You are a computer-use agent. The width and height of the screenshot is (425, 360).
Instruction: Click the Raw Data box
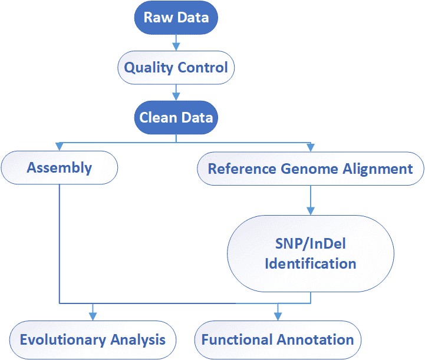[x=176, y=18]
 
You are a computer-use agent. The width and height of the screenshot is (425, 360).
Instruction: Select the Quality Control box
[x=176, y=68]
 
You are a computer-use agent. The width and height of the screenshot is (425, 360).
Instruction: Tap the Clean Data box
[x=176, y=118]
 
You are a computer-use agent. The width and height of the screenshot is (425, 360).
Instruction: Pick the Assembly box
[x=60, y=168]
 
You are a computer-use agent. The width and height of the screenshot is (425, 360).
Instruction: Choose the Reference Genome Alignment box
[x=310, y=169]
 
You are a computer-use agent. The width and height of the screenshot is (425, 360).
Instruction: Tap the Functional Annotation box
[x=278, y=340]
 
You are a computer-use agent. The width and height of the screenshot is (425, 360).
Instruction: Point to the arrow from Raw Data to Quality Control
[x=176, y=42]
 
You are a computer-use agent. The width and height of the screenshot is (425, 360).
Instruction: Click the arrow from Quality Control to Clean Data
[x=176, y=93]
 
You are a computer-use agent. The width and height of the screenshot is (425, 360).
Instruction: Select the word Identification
[x=310, y=263]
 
